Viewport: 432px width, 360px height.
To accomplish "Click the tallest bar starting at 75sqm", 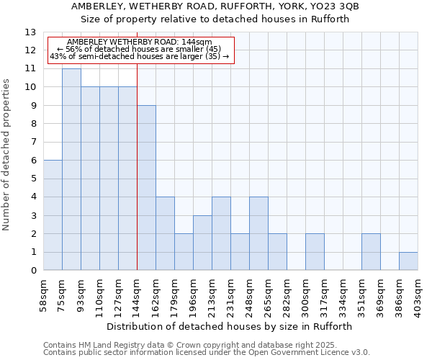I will pos(71,169).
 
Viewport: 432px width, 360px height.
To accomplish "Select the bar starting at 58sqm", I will pos(53,215).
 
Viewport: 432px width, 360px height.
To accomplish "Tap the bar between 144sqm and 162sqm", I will pos(146,188).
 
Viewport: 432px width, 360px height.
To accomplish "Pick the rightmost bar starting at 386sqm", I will pos(408,261).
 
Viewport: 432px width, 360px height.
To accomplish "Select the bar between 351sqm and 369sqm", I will pos(371,252).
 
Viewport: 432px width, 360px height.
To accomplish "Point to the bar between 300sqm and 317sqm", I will pos(315,252).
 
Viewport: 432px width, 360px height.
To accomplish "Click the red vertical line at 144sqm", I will pos(137,180).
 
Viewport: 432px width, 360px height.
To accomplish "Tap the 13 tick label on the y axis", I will pos(30,32).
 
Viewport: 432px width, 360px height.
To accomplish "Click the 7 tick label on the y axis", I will pos(33,143).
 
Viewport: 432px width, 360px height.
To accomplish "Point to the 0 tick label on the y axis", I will pos(33,271).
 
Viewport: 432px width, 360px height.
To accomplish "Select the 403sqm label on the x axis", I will pos(418,295).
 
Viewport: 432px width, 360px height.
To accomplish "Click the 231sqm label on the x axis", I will pos(230,295).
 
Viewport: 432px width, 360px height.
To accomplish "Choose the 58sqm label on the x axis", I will pos(44,295).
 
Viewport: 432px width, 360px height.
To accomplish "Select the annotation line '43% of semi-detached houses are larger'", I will pos(140,56).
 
